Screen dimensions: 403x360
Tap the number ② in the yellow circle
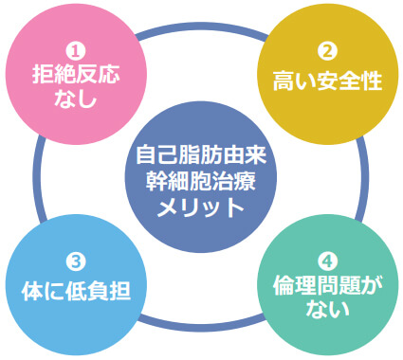coord(327,53)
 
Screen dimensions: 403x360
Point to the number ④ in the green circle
coord(327,260)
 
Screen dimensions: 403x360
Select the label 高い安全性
coord(327,81)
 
